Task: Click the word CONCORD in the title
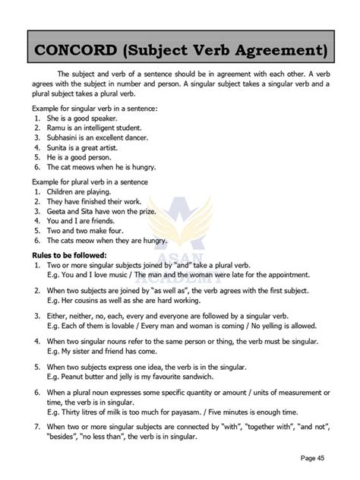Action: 72,51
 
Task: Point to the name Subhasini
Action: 68,138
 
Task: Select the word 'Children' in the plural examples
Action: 63,192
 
